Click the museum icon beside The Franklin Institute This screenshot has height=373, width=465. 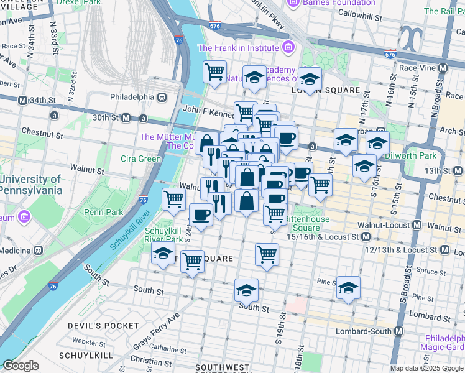tap(287, 47)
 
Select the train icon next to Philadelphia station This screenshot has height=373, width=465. tap(162, 97)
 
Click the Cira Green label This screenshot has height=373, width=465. tap(140, 159)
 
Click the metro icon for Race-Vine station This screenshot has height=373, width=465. tap(443, 68)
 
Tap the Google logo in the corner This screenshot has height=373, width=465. tap(21, 366)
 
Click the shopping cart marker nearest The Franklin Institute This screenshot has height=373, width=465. tap(214, 71)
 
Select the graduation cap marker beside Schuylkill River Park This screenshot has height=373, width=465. tap(163, 254)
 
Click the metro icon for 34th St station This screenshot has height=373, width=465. tap(22, 100)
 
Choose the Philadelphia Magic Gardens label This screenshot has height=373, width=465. tap(442, 343)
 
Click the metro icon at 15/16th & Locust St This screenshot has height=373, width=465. tap(366, 237)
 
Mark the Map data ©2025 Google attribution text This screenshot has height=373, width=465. tap(426, 368)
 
